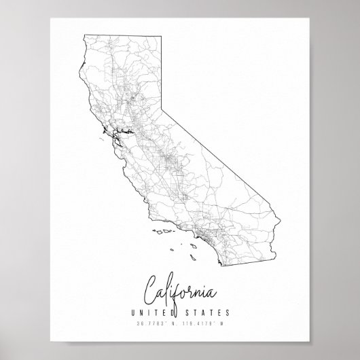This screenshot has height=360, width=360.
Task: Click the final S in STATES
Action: (227, 312)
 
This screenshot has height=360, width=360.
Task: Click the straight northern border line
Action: (122, 33)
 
